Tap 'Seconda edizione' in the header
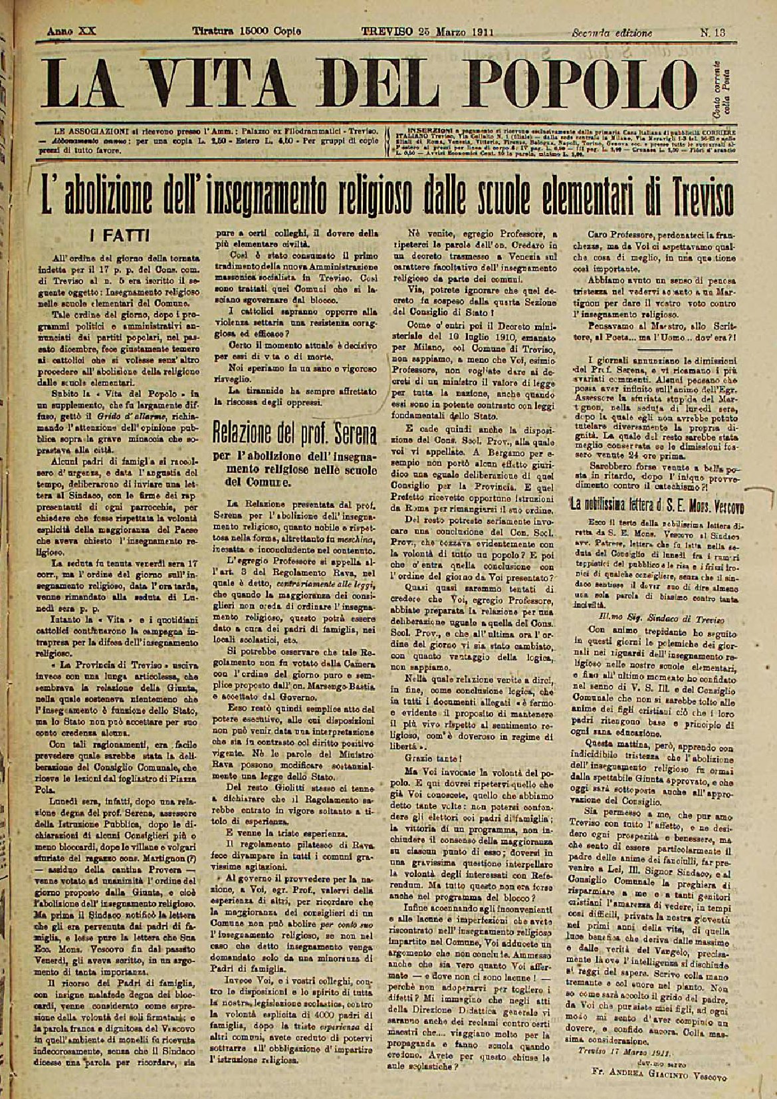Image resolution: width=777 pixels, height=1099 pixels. [x=611, y=32]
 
